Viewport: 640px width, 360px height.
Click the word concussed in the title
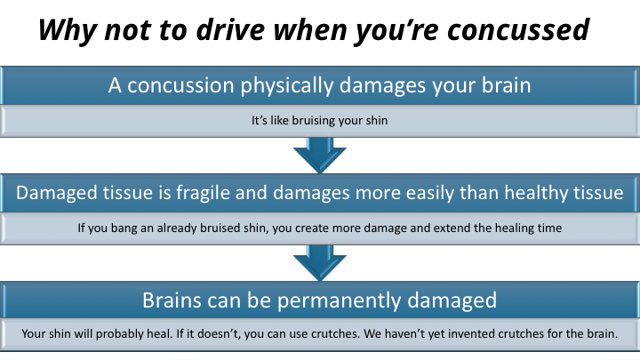(518, 29)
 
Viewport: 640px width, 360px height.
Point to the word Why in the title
(68, 30)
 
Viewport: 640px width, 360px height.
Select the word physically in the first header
(286, 85)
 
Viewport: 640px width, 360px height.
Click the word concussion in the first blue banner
(180, 85)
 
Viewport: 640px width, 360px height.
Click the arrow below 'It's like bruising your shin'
(320, 155)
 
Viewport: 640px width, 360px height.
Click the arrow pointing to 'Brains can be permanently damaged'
(320, 262)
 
